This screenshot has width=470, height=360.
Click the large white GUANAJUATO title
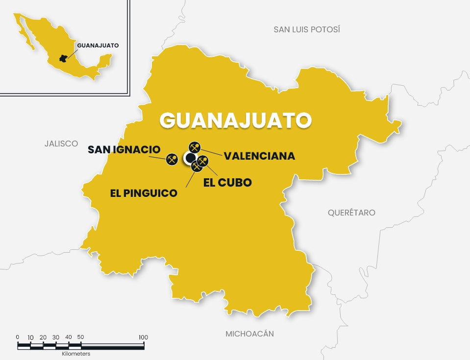pos(236,120)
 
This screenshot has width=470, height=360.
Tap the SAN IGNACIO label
pos(124,149)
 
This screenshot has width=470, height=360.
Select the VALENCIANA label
pos(259,156)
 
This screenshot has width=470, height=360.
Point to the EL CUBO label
pos(227,183)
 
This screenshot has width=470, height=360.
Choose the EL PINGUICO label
pos(144,193)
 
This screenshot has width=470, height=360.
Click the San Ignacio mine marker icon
pos(172,159)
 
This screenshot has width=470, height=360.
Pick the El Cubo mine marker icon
pos(203,161)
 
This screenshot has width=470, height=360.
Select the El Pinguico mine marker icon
pos(197,167)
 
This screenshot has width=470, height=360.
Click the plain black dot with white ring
pos(189,158)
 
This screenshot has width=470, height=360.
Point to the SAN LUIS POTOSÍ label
pos(307,29)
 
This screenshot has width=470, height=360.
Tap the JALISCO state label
pos(61,144)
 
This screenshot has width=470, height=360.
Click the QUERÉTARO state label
pos(351,213)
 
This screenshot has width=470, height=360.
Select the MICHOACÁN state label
pos(249,334)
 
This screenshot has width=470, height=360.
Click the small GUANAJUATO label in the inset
pos(98,46)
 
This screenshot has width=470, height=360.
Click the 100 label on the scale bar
pos(143,337)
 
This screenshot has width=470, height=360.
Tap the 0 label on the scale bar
pos(18,337)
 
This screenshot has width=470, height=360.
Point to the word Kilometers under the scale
pos(76,353)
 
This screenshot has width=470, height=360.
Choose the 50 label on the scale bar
pos(81,337)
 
